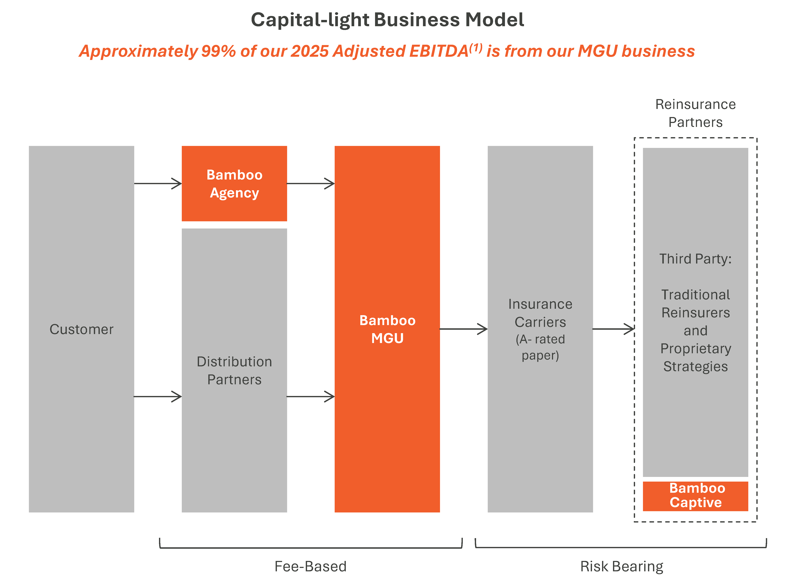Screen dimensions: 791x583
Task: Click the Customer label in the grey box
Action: [81, 329]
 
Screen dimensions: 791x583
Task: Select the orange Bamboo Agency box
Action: [234, 183]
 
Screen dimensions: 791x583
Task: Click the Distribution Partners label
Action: [234, 370]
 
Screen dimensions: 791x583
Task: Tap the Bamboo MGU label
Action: [387, 329]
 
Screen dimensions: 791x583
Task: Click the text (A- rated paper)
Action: [540, 347]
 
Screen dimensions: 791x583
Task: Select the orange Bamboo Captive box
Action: [695, 496]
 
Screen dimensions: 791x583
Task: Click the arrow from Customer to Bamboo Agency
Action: [158, 183]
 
